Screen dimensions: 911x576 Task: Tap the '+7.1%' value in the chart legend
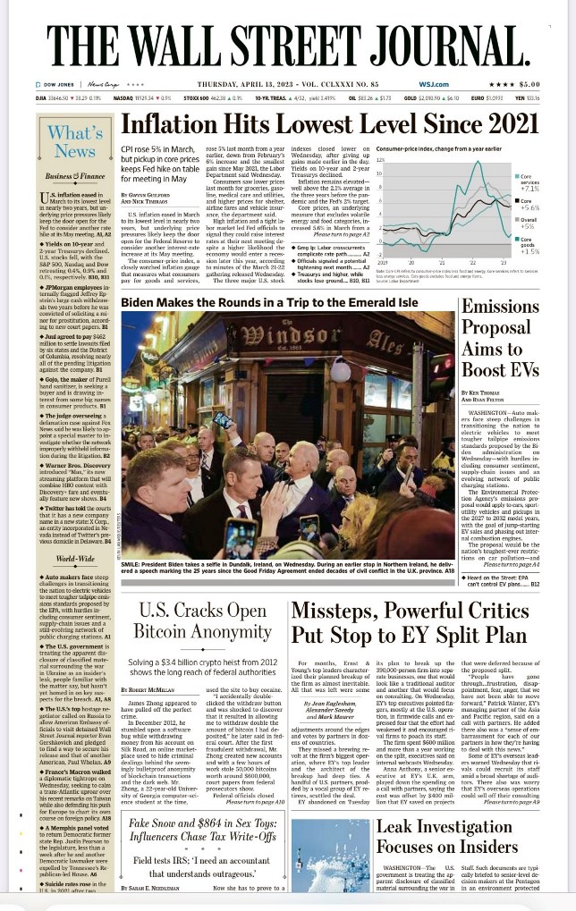[529, 189]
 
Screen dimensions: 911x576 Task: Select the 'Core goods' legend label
[528, 239]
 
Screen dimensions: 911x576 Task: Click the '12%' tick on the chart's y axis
[381, 158]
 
